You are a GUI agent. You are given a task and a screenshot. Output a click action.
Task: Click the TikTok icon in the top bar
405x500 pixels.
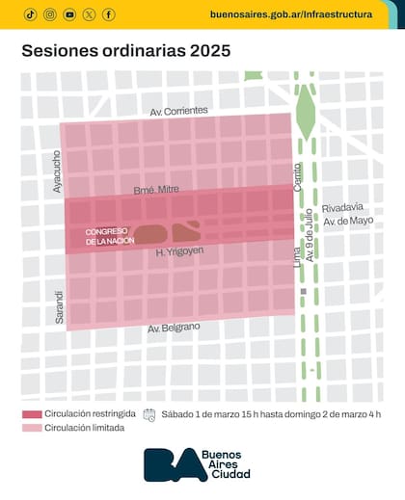[30, 14]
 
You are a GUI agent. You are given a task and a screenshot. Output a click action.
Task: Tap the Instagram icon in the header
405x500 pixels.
[49, 14]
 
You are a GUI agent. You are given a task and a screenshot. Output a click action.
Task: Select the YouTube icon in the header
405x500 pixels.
[69, 14]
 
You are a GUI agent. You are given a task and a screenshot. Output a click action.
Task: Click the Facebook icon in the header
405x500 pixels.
[108, 14]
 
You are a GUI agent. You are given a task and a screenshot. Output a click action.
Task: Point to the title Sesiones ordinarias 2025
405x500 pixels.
[126, 51]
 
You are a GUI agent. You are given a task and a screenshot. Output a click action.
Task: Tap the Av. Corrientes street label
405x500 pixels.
[180, 113]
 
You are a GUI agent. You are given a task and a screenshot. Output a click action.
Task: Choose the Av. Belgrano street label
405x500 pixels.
[175, 329]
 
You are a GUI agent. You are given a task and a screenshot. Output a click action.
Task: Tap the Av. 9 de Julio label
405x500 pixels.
[310, 251]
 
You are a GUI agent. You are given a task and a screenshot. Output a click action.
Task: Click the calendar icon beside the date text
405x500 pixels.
[149, 414]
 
